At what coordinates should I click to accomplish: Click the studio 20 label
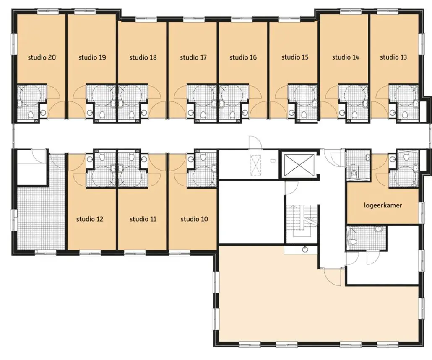[42, 57]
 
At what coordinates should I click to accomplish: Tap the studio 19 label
[92, 57]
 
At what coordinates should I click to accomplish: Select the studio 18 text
[143, 57]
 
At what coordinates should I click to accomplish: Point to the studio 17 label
[193, 57]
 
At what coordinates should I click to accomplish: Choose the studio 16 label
[243, 57]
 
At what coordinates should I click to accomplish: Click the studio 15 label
[295, 57]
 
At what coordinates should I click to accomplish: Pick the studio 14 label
[346, 57]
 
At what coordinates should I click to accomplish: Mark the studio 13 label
[393, 57]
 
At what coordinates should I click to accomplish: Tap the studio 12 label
[90, 219]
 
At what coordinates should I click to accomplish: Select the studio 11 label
[143, 219]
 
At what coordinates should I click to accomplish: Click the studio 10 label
[194, 219]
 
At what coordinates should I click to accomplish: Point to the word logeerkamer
[383, 205]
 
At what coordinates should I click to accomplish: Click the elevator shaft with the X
[299, 165]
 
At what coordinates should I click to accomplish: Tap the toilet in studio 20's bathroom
[31, 114]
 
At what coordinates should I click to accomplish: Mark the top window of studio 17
[194, 18]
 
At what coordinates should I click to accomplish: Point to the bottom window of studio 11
[135, 253]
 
